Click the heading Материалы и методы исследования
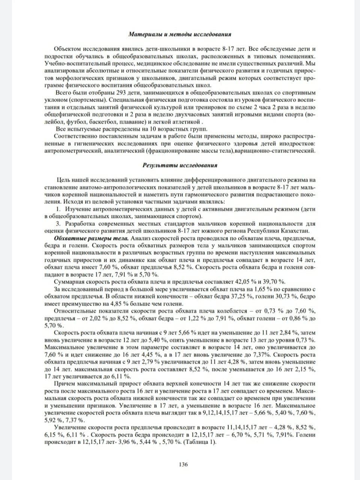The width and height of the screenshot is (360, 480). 180,34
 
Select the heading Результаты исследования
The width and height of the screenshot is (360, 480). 180,165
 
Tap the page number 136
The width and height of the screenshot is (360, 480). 183,464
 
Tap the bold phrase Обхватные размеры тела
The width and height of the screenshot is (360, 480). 91,238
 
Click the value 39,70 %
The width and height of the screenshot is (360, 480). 274,282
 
